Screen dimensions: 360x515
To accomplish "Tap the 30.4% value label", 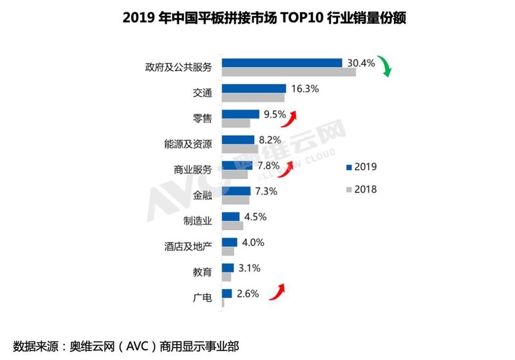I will coord(360,63).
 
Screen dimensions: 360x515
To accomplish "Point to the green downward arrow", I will coord(384,66).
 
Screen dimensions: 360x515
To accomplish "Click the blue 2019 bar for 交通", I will coord(254,89).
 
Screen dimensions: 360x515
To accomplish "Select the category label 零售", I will coord(202,118).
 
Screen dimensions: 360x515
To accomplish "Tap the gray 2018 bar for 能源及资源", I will coord(239,149).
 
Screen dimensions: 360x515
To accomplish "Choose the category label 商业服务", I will coord(193,169).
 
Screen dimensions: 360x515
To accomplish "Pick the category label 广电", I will coord(202,297).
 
